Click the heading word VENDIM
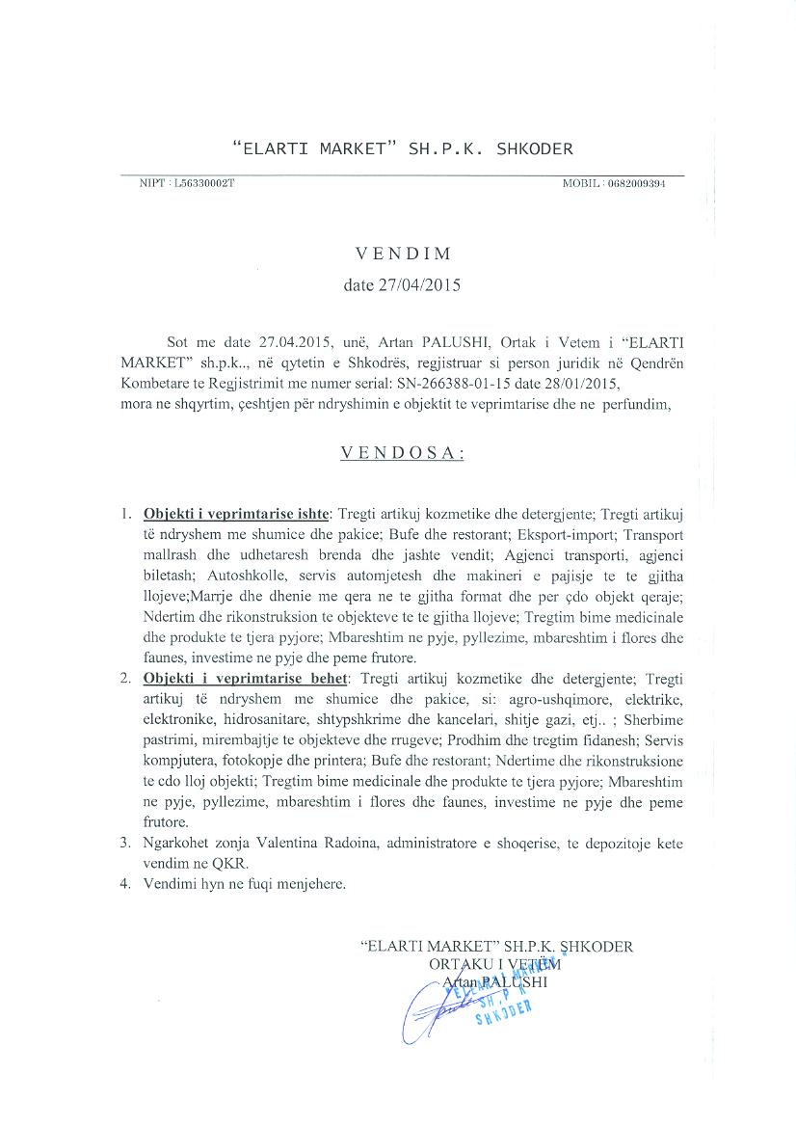click(x=403, y=255)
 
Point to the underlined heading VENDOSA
click(x=403, y=453)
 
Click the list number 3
click(x=125, y=843)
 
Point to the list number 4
click(x=125, y=883)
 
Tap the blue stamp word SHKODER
click(x=504, y=1011)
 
